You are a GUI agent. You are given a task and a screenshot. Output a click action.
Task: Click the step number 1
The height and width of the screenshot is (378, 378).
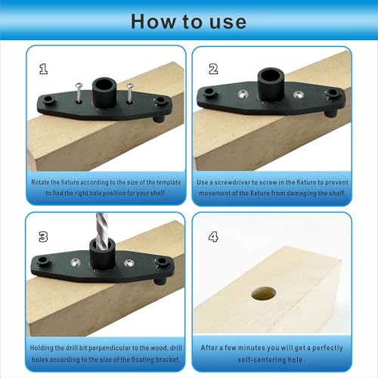pos(44,69)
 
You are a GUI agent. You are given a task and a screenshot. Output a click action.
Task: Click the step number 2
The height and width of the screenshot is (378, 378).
pos(213,69)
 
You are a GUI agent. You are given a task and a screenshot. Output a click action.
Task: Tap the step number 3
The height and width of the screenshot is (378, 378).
pos(44,236)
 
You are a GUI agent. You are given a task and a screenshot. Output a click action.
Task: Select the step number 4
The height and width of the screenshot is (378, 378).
pos(213,236)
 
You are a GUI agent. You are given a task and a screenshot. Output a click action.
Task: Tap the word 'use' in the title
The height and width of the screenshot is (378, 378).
pos(223,20)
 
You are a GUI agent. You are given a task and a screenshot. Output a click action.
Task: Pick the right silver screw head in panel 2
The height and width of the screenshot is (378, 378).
pos(297,94)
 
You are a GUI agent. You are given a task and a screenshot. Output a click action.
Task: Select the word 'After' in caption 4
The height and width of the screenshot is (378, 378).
pos(211,349)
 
